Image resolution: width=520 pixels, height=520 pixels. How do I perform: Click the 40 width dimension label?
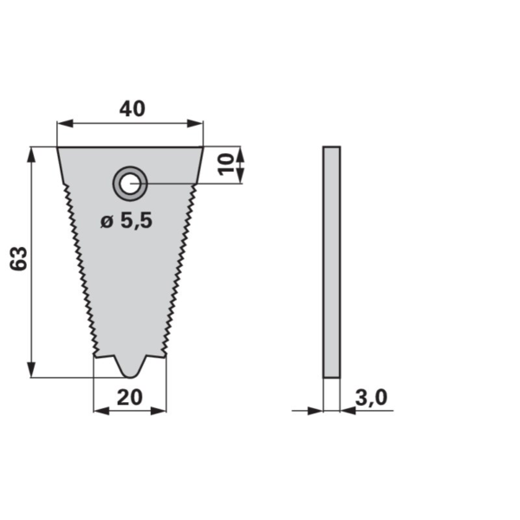(132, 109)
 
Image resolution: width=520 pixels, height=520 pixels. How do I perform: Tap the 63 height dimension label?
(18, 259)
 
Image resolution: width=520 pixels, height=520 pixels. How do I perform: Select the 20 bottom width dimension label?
(130, 397)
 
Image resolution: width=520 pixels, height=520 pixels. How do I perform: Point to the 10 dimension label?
(225, 164)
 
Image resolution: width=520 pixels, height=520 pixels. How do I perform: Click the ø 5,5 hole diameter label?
(127, 220)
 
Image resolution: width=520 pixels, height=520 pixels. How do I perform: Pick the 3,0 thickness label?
(371, 397)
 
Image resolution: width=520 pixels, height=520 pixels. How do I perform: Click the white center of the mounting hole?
(130, 184)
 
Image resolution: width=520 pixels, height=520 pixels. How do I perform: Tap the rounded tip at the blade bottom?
(130, 374)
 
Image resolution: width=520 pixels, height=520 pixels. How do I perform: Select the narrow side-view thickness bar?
(331, 262)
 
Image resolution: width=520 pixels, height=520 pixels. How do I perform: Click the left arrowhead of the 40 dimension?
(65, 124)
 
